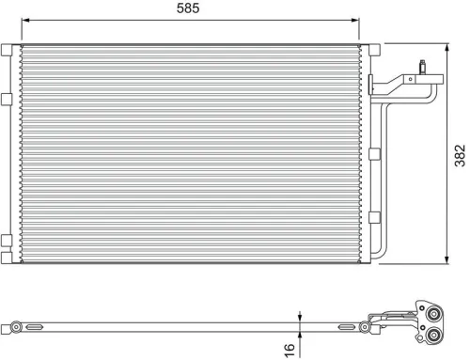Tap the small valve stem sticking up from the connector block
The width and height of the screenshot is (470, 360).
(x=423, y=66)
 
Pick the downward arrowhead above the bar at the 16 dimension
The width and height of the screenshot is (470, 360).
(x=299, y=319)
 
